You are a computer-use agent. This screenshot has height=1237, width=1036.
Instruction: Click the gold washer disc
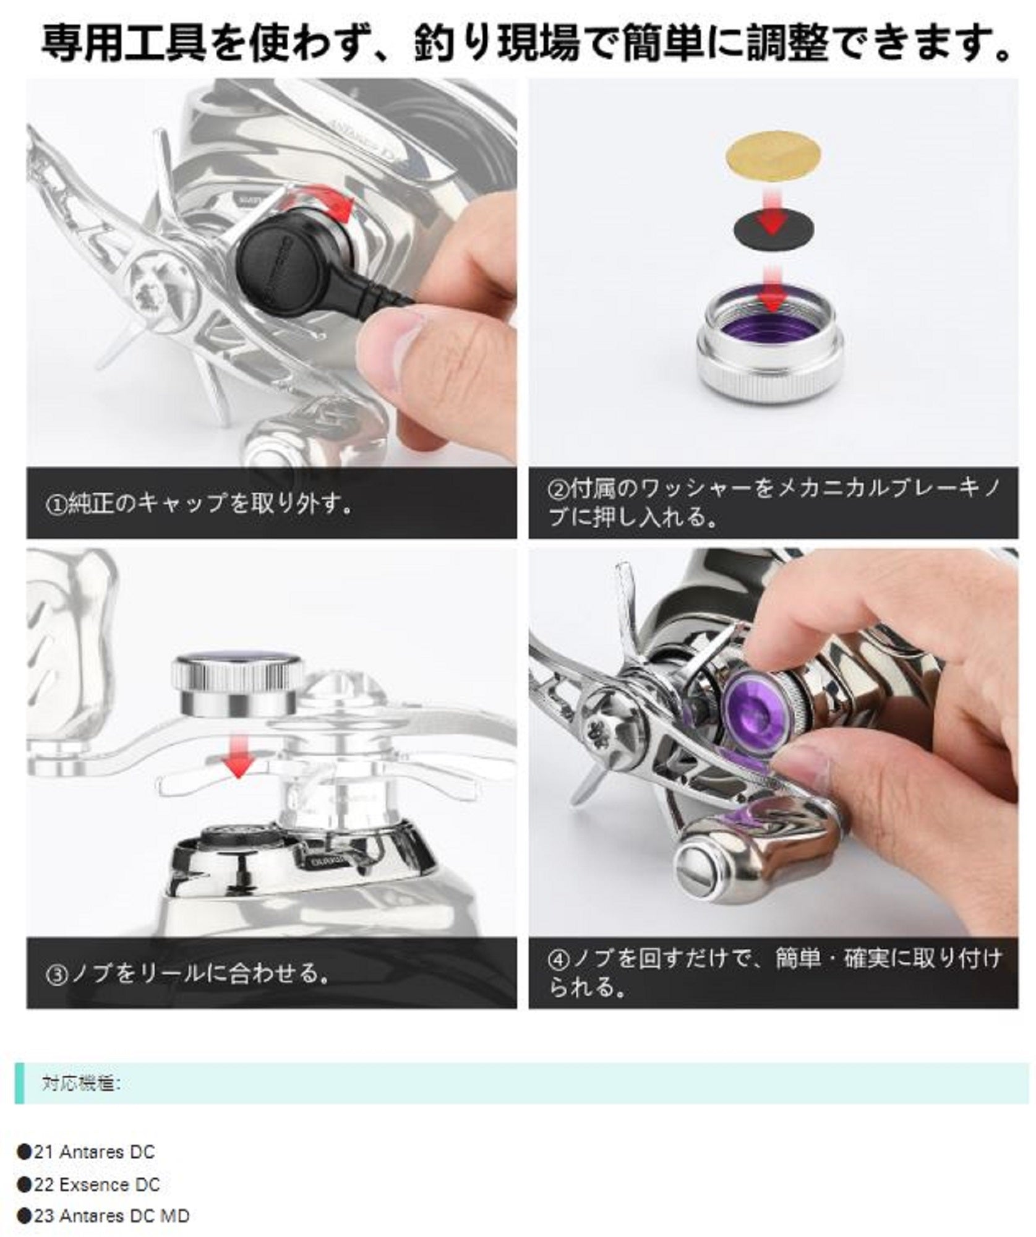tap(773, 155)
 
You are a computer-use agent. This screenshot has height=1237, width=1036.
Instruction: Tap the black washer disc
tap(773, 229)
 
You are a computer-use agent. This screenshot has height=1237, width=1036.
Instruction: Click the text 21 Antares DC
tap(95, 1152)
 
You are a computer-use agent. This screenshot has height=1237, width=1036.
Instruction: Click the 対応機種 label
tap(80, 1084)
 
